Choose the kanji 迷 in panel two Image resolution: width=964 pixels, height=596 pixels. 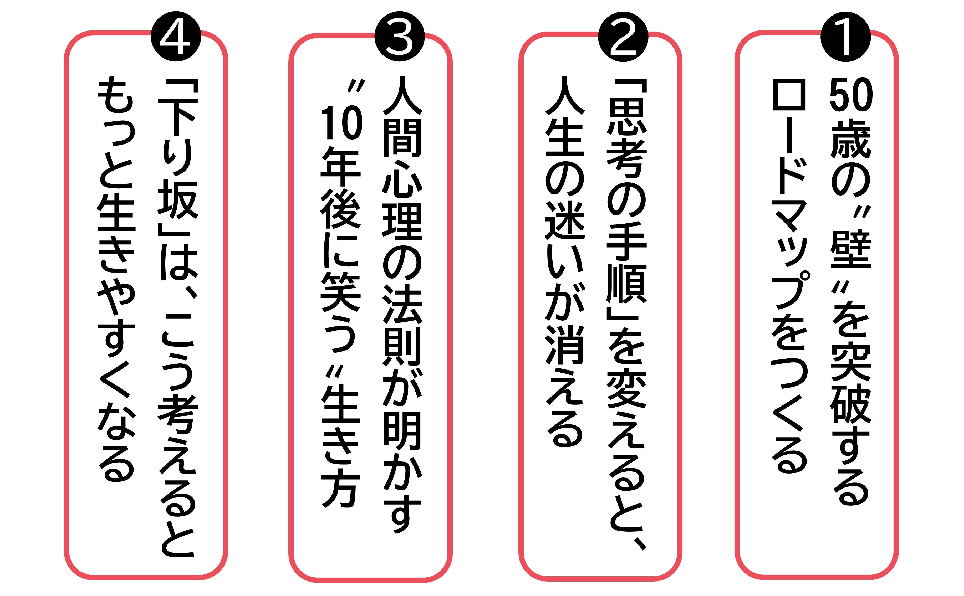[565, 221]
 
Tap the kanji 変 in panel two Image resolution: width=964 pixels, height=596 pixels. [627, 390]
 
